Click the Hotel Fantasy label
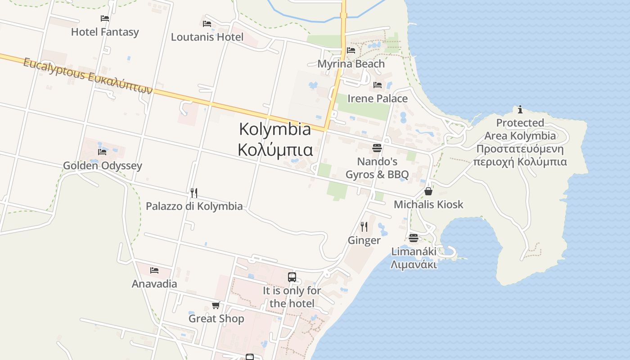105,32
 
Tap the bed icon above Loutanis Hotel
207,23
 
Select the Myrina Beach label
351,64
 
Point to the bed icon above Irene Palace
378,85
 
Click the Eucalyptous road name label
88,75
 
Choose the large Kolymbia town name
275,139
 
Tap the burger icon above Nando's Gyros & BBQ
377,148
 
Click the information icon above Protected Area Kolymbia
520,109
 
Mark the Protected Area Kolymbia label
520,142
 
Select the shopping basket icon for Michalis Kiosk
428,191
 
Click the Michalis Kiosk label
428,205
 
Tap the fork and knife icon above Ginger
364,226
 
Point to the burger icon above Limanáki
414,238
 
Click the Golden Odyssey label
102,166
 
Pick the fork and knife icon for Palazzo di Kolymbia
194,193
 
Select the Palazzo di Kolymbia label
194,207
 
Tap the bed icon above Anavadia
154,270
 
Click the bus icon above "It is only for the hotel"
292,277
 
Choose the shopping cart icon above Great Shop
216,306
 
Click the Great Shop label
216,319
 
